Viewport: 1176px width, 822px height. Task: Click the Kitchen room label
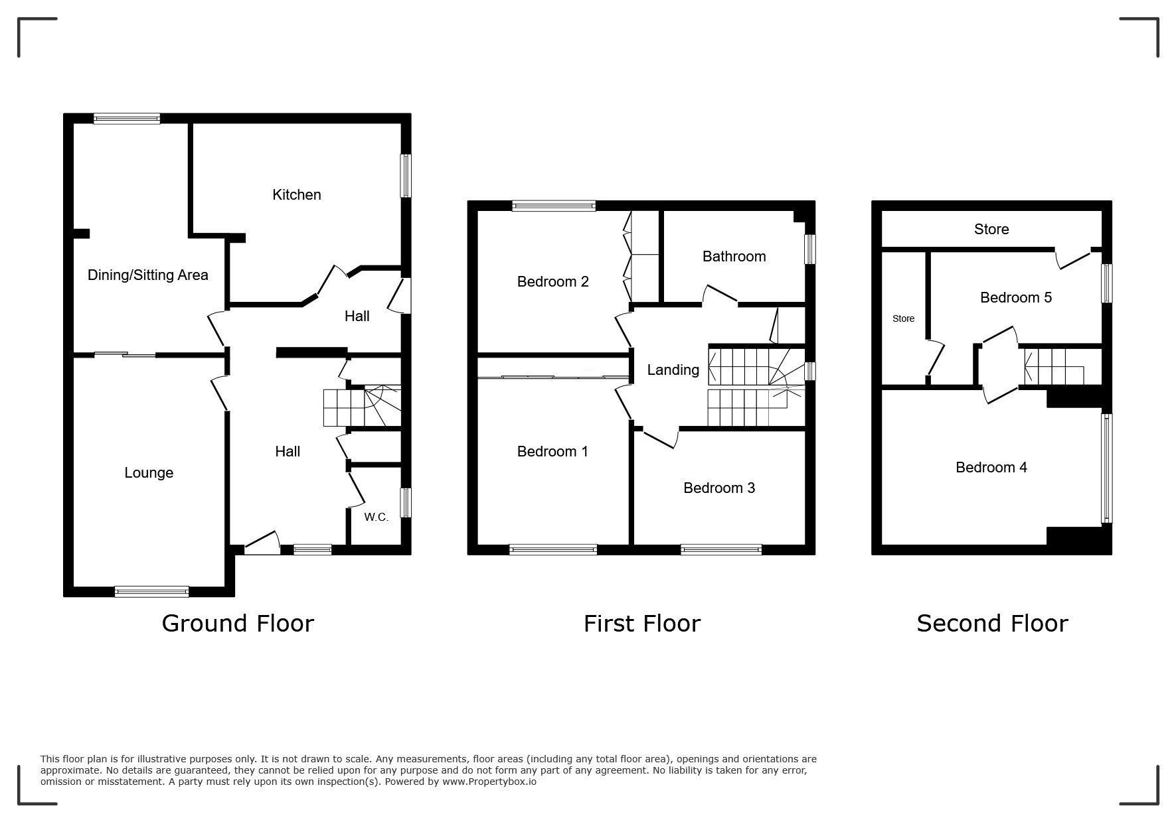(297, 194)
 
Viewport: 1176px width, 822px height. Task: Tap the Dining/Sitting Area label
(148, 275)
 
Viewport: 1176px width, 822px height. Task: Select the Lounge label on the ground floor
(149, 472)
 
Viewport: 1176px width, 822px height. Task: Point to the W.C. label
(377, 517)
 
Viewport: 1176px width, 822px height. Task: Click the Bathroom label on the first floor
(734, 256)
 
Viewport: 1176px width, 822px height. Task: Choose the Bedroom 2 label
(553, 281)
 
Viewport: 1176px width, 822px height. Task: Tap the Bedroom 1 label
(552, 451)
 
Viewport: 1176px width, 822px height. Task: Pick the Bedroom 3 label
(719, 488)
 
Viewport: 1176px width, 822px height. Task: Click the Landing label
(673, 370)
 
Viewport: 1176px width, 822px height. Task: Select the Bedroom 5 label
(1016, 297)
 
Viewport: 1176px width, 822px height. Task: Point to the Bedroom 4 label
(991, 467)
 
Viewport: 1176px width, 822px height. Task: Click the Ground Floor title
(238, 623)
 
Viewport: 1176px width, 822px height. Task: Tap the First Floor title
(642, 623)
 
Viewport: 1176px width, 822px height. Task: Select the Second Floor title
(992, 623)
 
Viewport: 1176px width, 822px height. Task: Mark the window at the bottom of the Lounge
(152, 592)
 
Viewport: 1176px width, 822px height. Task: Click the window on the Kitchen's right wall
(406, 176)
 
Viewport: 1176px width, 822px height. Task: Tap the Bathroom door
(720, 295)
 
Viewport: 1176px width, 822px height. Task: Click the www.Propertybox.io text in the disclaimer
(489, 782)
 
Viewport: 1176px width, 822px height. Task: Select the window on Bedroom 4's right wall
(1107, 468)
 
